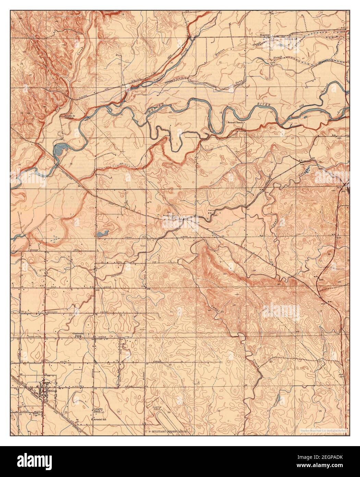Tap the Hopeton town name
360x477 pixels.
pos(265,35)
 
